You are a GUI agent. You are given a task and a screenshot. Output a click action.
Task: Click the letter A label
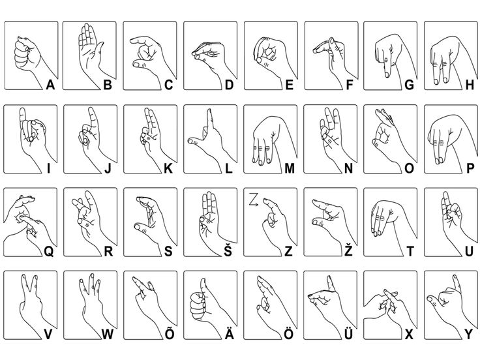[50, 84]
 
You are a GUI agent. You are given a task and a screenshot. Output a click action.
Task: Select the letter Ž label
[350, 251]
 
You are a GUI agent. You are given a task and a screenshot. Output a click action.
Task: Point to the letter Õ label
[168, 335]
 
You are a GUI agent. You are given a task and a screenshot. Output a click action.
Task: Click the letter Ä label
[229, 335]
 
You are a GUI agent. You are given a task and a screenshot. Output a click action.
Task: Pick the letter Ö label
[289, 335]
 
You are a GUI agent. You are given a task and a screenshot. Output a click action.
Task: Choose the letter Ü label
[350, 335]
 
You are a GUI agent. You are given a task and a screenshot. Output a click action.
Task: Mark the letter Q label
[49, 251]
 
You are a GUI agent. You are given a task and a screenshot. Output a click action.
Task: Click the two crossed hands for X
[385, 303]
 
